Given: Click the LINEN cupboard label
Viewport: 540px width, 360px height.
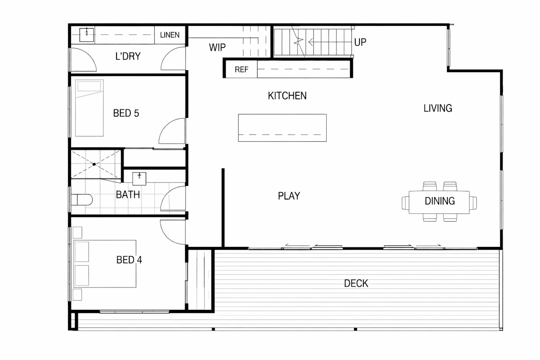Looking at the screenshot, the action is [170, 35].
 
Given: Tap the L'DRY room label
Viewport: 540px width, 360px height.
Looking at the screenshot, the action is [128, 56].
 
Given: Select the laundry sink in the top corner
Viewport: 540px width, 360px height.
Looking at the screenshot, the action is [86, 35].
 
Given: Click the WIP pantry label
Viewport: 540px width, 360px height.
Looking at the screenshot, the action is [217, 47].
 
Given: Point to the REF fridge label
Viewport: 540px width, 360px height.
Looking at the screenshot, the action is [241, 69].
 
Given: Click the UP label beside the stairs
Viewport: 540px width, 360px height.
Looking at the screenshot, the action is [360, 42].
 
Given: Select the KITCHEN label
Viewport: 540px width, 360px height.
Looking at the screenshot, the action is [287, 96].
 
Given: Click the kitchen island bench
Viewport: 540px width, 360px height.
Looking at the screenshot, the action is [282, 128].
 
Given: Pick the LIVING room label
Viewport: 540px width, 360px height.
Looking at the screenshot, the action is [438, 108].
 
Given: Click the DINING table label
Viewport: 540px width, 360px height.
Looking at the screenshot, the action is [440, 201].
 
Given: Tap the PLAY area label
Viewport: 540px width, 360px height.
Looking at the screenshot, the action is [289, 196].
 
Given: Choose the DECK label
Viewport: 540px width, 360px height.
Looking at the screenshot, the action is [356, 283].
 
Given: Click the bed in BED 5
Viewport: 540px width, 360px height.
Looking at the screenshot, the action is [89, 108].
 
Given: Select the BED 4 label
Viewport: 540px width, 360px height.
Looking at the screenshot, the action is [129, 260].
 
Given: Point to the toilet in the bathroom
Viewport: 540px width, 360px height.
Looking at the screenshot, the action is [82, 199].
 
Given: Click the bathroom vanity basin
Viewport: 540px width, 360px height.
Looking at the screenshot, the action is [139, 179].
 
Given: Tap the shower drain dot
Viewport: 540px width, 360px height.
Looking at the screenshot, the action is [94, 164].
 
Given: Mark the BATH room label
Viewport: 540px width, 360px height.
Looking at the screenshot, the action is [128, 194].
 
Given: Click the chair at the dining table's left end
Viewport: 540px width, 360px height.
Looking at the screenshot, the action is [405, 203].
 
